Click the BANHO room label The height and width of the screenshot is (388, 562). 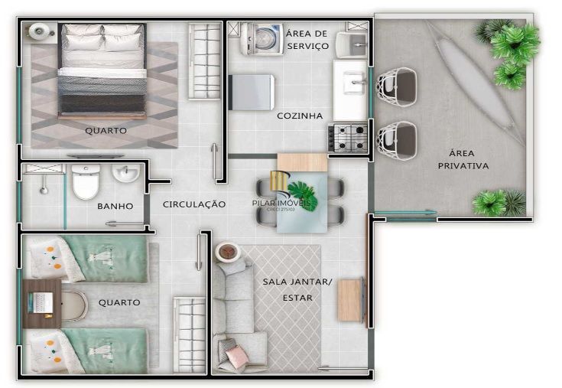coord(115,207)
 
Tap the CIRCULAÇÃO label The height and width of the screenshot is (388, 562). coord(193,204)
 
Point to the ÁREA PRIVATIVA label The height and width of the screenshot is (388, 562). coord(463,158)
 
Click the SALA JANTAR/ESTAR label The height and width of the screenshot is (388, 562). coord(297,289)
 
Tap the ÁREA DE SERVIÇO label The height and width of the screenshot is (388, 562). coord(307,40)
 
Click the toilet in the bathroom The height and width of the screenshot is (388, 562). coord(85,182)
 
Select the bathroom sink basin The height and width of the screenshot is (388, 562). coord(125,174)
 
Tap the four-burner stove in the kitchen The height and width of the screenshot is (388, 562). coord(348,138)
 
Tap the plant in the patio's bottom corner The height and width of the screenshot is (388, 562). coord(490,203)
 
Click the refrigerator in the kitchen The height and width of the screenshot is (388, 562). coord(252,92)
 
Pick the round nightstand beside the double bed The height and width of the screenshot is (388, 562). coord(39,31)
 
